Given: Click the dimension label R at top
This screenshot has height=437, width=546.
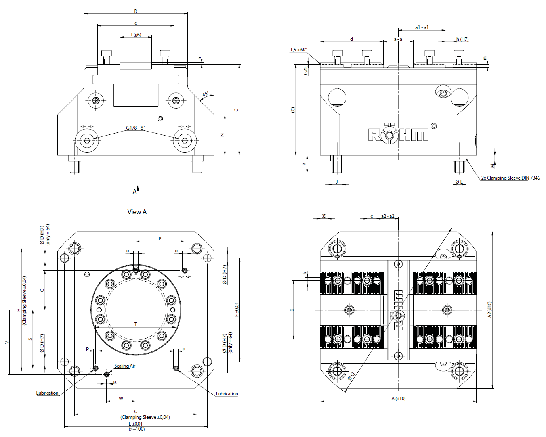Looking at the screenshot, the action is tap(136, 11).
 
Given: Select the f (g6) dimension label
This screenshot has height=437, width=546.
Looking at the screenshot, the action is tap(136, 34).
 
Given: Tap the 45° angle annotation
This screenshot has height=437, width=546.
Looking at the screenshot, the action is tap(206, 94).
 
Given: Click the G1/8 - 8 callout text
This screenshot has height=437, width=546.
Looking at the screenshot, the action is tap(135, 128).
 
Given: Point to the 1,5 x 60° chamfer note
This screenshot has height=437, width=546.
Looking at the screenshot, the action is tap(298, 49).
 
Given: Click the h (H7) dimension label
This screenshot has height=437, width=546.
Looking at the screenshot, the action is tap(462, 39).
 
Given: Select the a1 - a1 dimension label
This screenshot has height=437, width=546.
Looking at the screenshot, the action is tap(422, 27).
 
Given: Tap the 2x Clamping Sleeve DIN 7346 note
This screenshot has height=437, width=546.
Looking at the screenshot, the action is tap(510, 178).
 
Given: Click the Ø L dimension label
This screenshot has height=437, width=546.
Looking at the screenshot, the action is tap(459, 182).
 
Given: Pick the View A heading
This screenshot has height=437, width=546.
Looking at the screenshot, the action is tap(137, 212).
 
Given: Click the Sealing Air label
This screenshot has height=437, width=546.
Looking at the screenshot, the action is tap(124, 366).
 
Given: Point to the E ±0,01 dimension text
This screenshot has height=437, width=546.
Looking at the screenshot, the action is tap(136, 424).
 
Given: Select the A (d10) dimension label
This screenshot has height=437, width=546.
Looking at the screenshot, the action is tap(398, 399).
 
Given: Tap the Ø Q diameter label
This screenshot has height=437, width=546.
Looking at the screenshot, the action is tap(351, 376).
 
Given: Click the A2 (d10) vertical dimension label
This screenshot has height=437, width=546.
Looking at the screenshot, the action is tap(489, 310).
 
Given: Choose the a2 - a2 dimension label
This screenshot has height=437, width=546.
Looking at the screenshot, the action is tap(388, 216).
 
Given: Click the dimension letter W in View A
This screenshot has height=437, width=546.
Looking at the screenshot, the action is tap(121, 398).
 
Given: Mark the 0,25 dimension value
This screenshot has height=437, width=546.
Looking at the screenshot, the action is tap(306, 70).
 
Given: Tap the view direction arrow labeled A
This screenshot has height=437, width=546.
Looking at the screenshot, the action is tap(138, 191).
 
